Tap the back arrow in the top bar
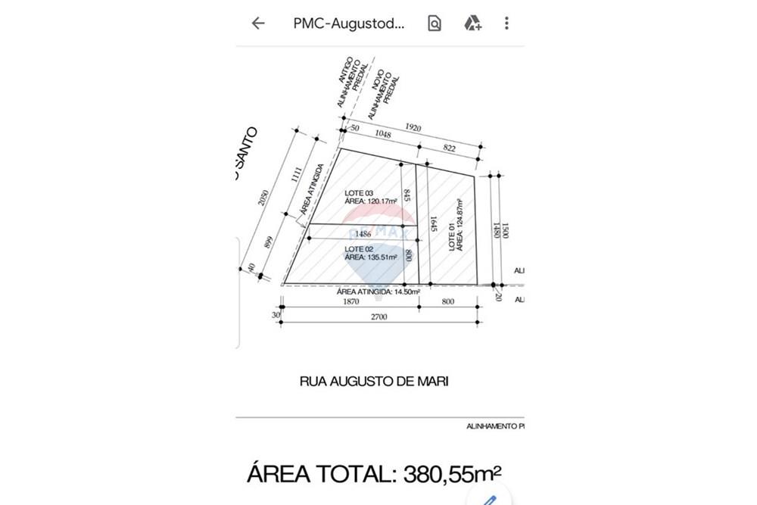(x=258, y=23)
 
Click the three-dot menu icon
(x=506, y=23)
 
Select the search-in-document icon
(x=435, y=23)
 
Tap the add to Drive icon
(x=473, y=23)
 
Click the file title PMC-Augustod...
(x=349, y=23)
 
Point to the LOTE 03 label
(x=360, y=194)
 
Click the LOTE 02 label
(x=360, y=249)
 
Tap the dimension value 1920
(x=413, y=127)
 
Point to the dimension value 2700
(x=378, y=317)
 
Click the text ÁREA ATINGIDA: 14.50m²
(x=378, y=291)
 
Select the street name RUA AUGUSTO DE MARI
(x=374, y=382)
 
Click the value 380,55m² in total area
(x=451, y=474)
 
